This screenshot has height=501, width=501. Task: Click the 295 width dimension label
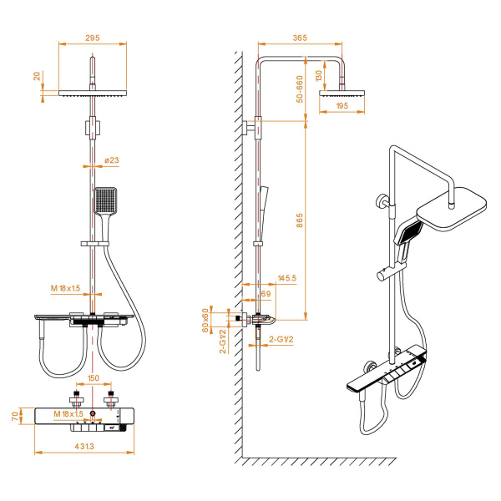click(92, 37)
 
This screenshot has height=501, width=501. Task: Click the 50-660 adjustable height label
click(299, 90)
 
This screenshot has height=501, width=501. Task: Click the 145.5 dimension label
click(288, 278)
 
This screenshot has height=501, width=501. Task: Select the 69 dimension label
click(267, 295)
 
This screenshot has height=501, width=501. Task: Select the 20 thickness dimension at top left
click(37, 75)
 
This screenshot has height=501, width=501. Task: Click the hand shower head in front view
click(107, 200)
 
